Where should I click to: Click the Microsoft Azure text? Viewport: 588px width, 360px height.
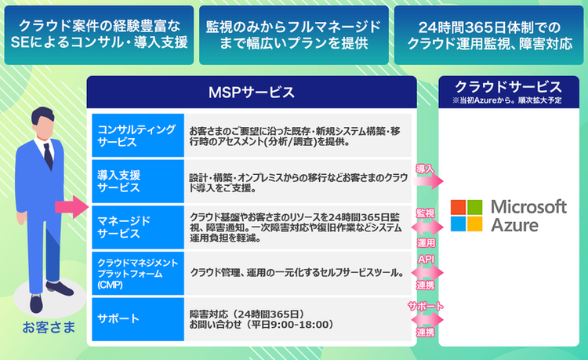[527, 216]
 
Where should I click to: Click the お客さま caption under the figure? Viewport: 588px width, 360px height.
[49, 325]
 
